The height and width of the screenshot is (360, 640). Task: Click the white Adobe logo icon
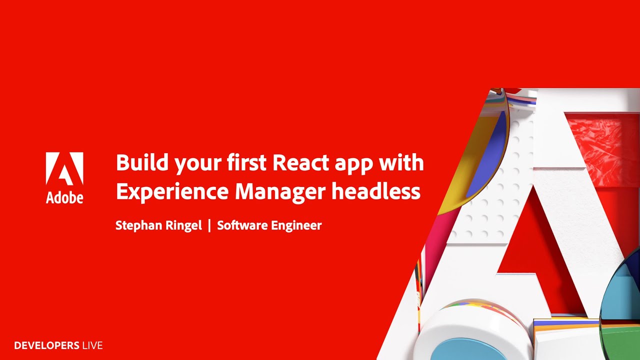pyautogui.click(x=64, y=169)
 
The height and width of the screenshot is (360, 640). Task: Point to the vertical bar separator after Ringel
pyautogui.click(x=209, y=225)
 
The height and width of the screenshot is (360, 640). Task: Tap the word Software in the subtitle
pyautogui.click(x=241, y=225)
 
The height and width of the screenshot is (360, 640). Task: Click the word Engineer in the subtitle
pyautogui.click(x=295, y=226)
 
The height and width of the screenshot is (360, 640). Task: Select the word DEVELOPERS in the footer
pyautogui.click(x=46, y=345)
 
